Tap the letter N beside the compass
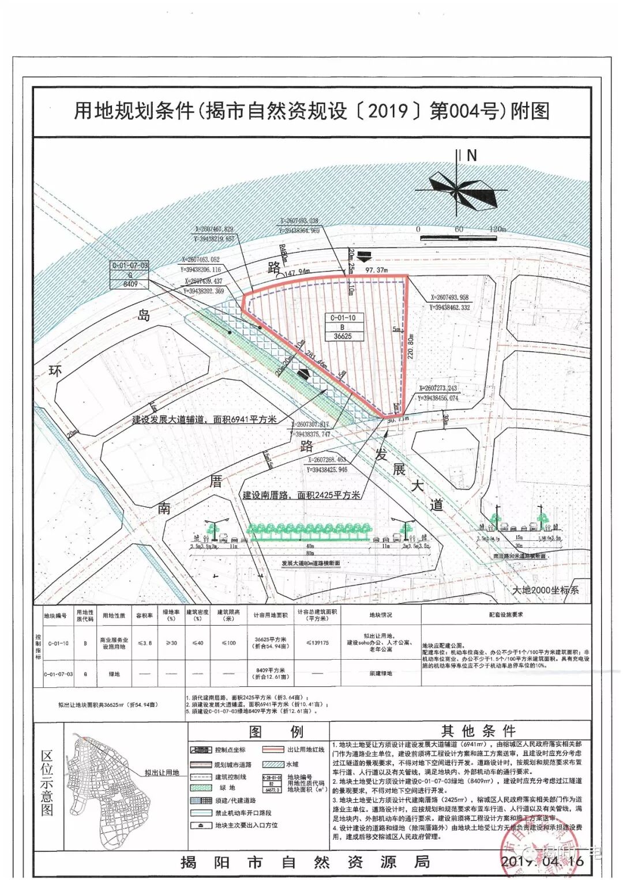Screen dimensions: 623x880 pyautogui.click(x=472, y=155)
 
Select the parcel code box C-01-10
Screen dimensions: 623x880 pyautogui.click(x=343, y=326)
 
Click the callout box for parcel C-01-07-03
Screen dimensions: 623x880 pyautogui.click(x=130, y=274)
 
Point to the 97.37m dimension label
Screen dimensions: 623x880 pyautogui.click(x=377, y=269)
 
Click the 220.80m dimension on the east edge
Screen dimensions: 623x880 pyautogui.click(x=411, y=346)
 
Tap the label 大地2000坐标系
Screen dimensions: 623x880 pyautogui.click(x=545, y=590)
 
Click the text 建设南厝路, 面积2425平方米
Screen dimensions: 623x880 pyautogui.click(x=301, y=495)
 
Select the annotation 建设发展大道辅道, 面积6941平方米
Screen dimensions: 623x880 pyautogui.click(x=204, y=419)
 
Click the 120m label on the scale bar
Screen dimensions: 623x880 pyautogui.click(x=497, y=229)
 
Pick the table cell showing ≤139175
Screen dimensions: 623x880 pyautogui.click(x=317, y=642)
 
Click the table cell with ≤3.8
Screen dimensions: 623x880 pyautogui.click(x=145, y=642)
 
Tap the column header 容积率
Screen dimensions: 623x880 pyautogui.click(x=145, y=615)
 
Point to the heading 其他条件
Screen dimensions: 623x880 pyautogui.click(x=478, y=731)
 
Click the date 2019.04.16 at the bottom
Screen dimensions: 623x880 pyautogui.click(x=542, y=861)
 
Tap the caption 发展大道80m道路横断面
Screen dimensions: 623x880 pyautogui.click(x=311, y=563)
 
